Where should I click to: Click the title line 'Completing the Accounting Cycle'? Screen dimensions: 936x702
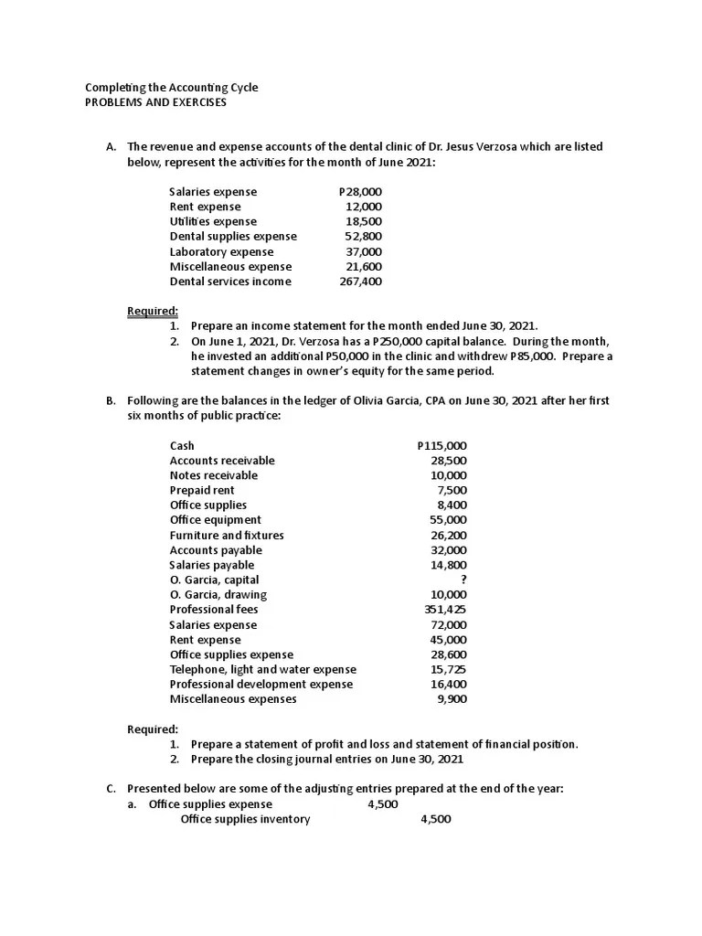(172, 88)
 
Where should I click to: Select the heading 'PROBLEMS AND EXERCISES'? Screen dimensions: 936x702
(155, 102)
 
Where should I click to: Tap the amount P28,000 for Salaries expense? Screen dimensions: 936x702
(360, 192)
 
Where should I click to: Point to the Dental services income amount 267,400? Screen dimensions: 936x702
(361, 282)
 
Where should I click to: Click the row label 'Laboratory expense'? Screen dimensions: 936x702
(221, 251)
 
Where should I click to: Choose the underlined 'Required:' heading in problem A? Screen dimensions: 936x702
(153, 312)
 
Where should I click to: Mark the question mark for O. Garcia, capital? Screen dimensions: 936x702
(463, 580)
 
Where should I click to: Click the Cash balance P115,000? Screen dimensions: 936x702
(441, 446)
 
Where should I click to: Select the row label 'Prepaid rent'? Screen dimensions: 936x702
(202, 490)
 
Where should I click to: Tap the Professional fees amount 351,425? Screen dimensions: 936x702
(445, 609)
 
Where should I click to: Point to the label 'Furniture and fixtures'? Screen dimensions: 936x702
(227, 535)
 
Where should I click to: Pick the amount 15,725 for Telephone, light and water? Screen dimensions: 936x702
(448, 669)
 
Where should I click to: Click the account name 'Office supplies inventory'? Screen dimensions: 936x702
(245, 819)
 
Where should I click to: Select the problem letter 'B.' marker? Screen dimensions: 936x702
(111, 400)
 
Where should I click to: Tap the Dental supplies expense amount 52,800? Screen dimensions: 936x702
(364, 236)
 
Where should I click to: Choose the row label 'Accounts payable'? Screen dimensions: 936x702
(216, 550)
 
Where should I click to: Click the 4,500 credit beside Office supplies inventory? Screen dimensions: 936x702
(435, 819)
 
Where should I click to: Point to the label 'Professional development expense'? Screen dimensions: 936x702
(261, 684)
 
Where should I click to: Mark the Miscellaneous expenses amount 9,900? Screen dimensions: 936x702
(452, 699)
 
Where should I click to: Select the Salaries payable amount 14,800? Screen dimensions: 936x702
(449, 565)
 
